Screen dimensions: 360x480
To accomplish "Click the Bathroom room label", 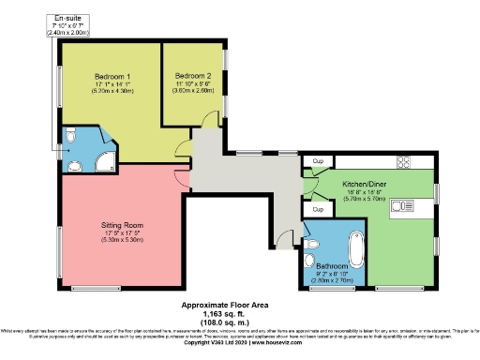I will click(331, 266).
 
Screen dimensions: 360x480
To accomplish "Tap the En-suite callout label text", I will click(66, 18).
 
